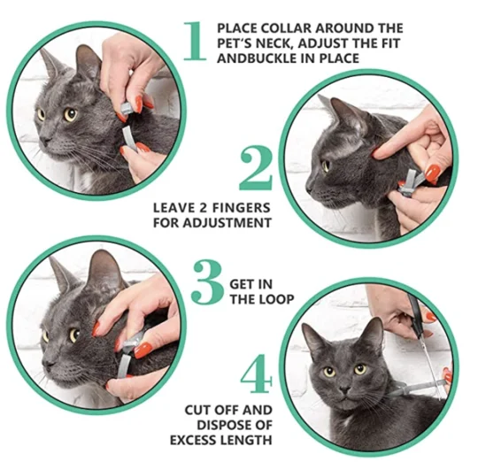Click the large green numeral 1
pyautogui.click(x=195, y=41)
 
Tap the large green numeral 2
pyautogui.click(x=256, y=168)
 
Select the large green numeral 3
pyautogui.click(x=208, y=282)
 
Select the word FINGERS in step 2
pyautogui.click(x=241, y=208)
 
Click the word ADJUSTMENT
pyautogui.click(x=228, y=223)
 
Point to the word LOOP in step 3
pyautogui.click(x=276, y=299)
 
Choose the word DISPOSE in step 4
pyautogui.click(x=224, y=425)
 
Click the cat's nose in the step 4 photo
pyautogui.click(x=344, y=389)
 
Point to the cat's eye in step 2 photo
pyautogui.click(x=326, y=166)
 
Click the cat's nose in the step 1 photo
pyautogui.click(x=45, y=140)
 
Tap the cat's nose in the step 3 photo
pyautogui.click(x=48, y=363)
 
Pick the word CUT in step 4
pyautogui.click(x=196, y=410)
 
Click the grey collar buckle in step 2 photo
pyautogui.click(x=405, y=189)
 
